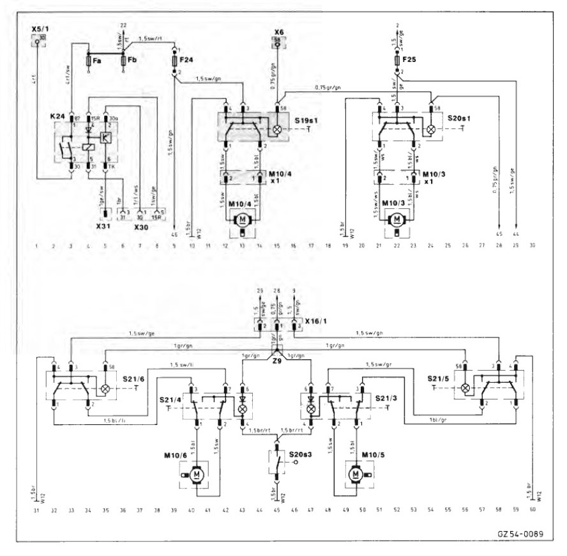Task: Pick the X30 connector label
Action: [x=142, y=226]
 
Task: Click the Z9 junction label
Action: [x=276, y=360]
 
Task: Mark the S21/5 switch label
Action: [x=436, y=380]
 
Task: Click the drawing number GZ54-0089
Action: [x=518, y=534]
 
